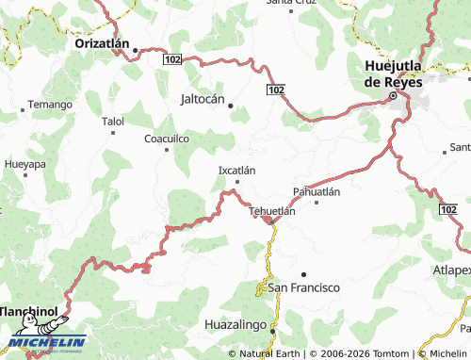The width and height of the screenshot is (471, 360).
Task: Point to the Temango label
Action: point(49,104)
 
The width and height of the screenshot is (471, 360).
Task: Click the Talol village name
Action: point(112,122)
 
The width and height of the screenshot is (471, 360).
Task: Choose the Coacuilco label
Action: point(167,138)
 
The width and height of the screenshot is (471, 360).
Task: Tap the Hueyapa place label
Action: point(24,163)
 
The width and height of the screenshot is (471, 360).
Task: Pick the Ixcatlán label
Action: point(236,170)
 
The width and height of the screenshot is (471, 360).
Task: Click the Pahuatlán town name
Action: point(316,190)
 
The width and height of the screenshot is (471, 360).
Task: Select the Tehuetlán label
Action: point(272,211)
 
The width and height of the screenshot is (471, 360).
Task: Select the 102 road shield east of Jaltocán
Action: point(274,90)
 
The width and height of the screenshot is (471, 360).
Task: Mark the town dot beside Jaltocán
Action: point(230,106)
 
